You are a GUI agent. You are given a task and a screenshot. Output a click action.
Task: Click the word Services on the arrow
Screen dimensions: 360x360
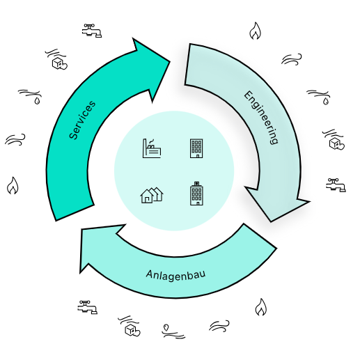tap(82, 120)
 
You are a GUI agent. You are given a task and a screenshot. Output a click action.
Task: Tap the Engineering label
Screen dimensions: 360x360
tap(261, 118)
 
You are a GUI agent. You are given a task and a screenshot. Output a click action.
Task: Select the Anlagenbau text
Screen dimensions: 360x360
tap(175, 275)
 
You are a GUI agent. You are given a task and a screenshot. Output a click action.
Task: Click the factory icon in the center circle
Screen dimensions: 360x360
tap(152, 148)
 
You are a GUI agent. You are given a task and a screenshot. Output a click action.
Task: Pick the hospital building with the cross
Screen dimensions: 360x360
tap(196, 194)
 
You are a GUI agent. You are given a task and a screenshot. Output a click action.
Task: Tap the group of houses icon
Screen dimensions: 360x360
tap(152, 195)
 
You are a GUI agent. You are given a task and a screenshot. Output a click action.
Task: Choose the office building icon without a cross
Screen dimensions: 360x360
tap(196, 148)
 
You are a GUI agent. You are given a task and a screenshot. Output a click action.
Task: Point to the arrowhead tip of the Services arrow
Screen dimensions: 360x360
tap(170, 62)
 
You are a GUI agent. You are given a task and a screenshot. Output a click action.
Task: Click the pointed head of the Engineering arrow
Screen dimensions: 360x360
tap(271, 221)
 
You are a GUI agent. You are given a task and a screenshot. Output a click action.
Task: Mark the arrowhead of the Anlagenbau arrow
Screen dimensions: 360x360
tap(80, 273)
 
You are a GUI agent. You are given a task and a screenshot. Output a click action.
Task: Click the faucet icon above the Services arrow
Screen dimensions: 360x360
tap(92, 31)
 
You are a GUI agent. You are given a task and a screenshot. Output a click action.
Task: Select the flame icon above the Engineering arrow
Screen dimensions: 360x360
tap(255, 31)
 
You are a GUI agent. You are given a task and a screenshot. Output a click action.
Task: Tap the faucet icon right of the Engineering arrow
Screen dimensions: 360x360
tap(336, 185)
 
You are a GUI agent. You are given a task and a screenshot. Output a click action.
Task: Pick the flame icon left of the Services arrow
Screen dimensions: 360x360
tap(13, 185)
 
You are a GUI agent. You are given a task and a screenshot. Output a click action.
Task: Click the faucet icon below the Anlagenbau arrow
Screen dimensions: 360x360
tap(88, 307)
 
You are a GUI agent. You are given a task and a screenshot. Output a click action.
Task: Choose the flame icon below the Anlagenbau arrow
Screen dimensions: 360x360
tap(261, 307)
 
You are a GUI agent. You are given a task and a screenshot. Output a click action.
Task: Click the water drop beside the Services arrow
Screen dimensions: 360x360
tap(37, 101)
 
